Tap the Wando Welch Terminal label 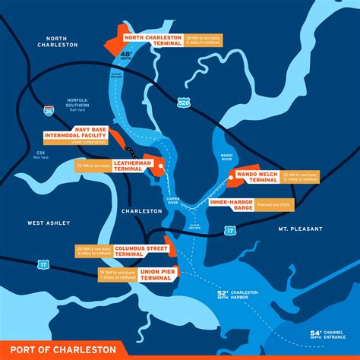[255, 175]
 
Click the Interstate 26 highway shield [49, 112]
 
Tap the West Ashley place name [49, 223]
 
